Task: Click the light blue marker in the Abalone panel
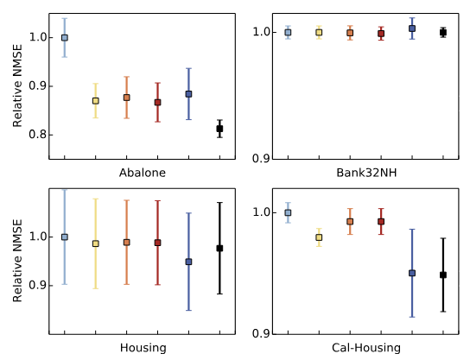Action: tap(65, 38)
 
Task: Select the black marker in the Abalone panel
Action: tap(219, 129)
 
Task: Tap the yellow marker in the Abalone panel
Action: tap(95, 101)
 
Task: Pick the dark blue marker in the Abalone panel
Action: tap(188, 94)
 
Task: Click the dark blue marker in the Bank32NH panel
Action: tap(412, 28)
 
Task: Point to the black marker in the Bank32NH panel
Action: tap(443, 33)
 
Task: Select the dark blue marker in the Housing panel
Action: tap(188, 262)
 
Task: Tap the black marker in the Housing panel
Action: tap(219, 249)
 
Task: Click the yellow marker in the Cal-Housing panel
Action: tap(319, 237)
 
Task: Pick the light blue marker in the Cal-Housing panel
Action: tap(288, 212)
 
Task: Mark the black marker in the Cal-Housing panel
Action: tap(443, 275)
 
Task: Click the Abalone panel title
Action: tap(142, 173)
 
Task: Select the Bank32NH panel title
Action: tap(365, 173)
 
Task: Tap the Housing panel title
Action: tap(142, 347)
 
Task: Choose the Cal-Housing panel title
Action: tap(365, 347)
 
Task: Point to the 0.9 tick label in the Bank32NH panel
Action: tap(261, 159)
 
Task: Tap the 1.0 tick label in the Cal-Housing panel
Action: tap(261, 212)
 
